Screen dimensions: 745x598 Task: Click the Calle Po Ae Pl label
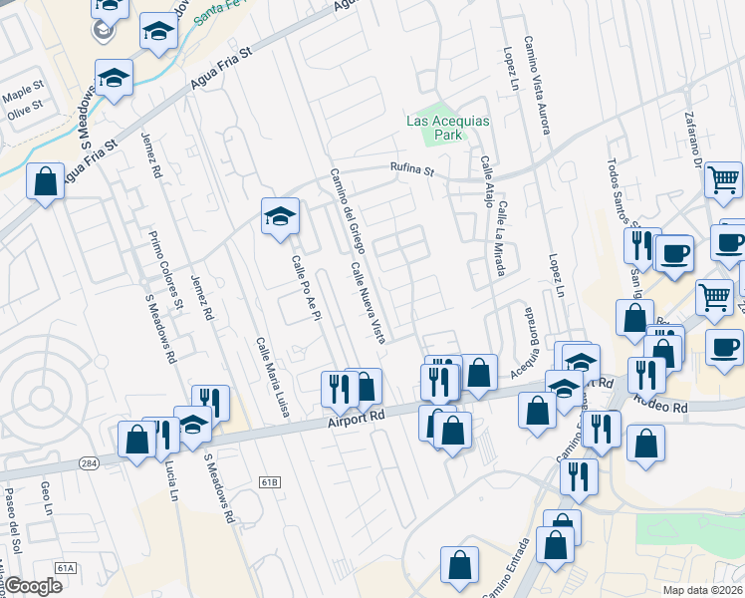tap(304, 289)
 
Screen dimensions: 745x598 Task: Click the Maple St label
tap(20, 97)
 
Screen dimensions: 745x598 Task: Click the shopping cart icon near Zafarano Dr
tap(723, 179)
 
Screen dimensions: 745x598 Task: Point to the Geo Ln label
tap(46, 494)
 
